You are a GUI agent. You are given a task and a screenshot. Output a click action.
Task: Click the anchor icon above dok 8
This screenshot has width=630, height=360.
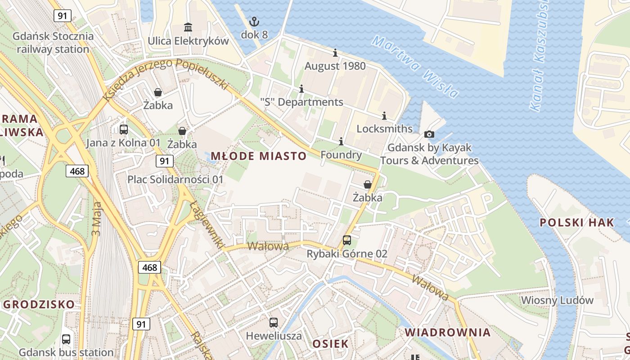click(x=254, y=22)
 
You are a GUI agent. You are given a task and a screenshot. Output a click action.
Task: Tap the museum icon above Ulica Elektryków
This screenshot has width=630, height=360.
click(x=188, y=27)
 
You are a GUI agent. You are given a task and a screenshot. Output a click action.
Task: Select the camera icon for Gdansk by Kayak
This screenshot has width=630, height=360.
click(x=429, y=134)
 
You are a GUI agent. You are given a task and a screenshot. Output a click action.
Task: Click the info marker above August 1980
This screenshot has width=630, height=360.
click(x=335, y=53)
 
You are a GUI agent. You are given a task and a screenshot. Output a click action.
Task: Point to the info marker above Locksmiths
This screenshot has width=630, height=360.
click(x=384, y=116)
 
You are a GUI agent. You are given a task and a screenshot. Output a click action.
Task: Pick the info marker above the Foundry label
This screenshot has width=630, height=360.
click(x=341, y=142)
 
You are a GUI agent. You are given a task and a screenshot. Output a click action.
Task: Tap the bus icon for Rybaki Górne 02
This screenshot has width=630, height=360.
click(x=346, y=240)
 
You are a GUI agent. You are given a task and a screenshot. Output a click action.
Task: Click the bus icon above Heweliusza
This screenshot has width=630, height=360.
click(x=274, y=323)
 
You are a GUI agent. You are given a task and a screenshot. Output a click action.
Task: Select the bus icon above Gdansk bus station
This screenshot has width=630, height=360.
click(x=66, y=339)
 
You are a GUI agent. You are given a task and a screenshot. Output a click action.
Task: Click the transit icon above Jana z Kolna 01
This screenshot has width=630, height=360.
click(x=123, y=130)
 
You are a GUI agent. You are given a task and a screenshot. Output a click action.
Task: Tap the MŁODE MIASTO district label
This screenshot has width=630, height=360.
click(x=259, y=156)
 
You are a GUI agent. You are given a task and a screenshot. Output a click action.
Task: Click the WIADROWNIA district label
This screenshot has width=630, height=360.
click(x=447, y=333)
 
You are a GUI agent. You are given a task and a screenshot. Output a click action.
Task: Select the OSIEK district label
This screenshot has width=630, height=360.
click(x=330, y=344)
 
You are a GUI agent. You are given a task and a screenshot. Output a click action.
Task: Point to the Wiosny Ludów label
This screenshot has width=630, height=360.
click(x=557, y=300)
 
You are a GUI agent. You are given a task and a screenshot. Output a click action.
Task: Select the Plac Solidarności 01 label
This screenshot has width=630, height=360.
click(x=175, y=180)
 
